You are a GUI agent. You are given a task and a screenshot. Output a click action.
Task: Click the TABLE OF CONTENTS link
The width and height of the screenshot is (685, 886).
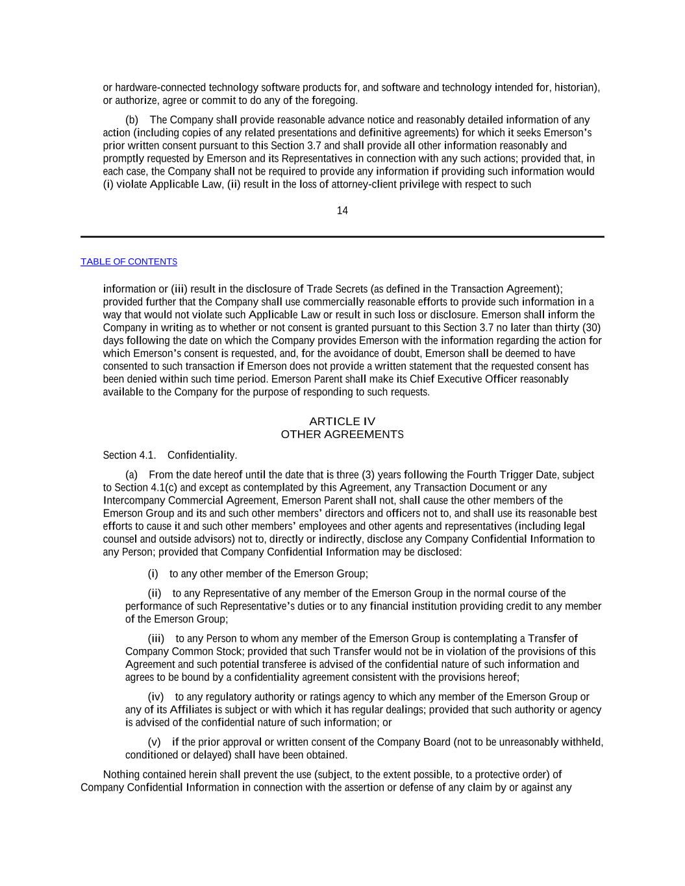[x=129, y=262]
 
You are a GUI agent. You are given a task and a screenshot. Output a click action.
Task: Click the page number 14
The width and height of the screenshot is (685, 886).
[x=342, y=210]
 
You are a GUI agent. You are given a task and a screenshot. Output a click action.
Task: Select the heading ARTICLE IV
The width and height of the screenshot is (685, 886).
[x=342, y=421]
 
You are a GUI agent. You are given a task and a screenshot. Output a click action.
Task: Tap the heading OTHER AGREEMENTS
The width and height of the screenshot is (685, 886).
[x=342, y=434]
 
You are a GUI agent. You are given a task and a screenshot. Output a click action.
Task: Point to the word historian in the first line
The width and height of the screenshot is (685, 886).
[x=575, y=88]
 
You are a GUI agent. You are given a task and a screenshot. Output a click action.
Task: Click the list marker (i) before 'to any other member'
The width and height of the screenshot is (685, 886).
[x=153, y=574]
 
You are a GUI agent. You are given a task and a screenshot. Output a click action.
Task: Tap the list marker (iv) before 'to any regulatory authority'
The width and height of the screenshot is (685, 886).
[x=156, y=696]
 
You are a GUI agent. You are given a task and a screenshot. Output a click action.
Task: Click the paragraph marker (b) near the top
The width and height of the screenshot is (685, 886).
[x=132, y=120]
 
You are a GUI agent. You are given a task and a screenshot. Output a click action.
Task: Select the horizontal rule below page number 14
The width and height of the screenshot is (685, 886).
[x=342, y=237]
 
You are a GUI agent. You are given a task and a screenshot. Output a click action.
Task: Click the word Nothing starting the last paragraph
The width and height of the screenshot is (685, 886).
[x=121, y=774]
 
